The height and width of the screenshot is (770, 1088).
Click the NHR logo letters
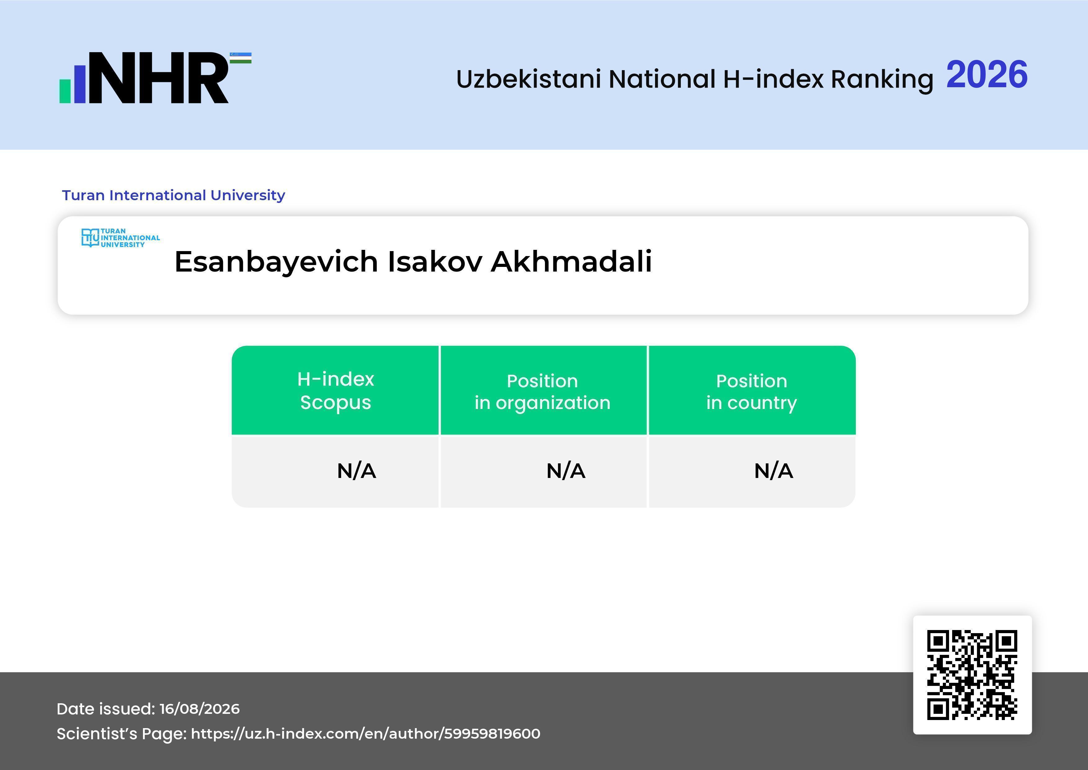coord(159,78)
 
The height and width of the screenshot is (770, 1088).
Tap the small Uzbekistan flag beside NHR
coord(241,58)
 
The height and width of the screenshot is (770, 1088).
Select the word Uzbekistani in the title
coord(529,79)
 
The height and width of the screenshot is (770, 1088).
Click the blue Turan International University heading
coord(173,195)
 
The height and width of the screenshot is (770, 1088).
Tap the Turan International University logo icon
coord(90,237)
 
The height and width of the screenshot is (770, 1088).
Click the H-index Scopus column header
coord(336,391)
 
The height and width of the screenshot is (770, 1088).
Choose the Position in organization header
coord(542,392)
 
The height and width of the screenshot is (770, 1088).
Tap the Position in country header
coord(751,392)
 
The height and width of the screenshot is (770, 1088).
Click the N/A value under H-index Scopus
coord(356,471)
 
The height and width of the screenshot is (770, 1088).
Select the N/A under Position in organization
coord(566,471)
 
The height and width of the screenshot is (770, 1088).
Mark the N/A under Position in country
coord(773,471)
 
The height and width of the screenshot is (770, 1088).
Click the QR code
coord(972,675)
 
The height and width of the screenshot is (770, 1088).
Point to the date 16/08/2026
coord(199,709)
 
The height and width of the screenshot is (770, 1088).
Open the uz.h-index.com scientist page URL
coord(365,733)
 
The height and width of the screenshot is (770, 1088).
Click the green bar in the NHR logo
coord(65,91)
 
